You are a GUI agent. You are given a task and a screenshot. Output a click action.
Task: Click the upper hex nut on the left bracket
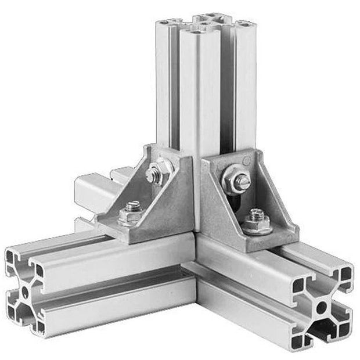(155, 172)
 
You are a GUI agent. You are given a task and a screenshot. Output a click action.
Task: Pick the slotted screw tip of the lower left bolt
(134, 206)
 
